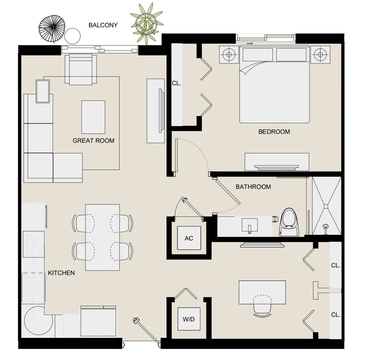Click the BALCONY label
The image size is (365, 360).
[x=103, y=25]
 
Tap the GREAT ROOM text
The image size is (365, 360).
[x=93, y=141]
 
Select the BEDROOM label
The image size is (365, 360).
[x=274, y=132]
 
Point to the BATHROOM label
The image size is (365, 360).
[x=253, y=187]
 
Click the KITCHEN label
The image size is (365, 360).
[x=61, y=273]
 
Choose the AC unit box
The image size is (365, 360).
[x=189, y=238]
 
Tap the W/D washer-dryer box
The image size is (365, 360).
[x=189, y=319]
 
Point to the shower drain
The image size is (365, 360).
[x=325, y=226]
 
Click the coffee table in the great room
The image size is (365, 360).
[x=93, y=117]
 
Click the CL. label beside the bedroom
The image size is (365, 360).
[x=176, y=83]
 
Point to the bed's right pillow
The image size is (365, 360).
[x=291, y=54]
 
